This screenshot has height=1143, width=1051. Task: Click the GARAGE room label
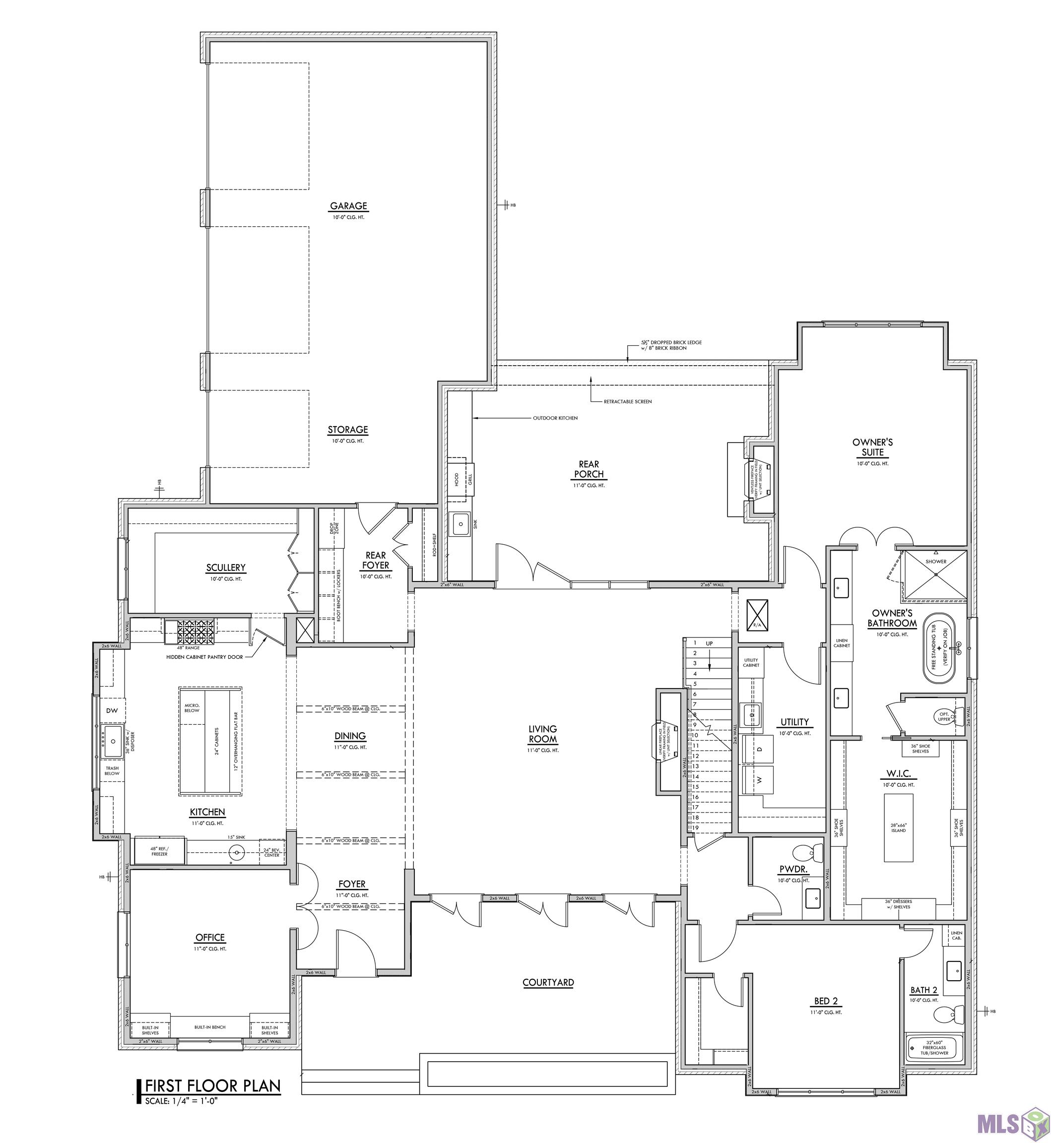tap(348, 206)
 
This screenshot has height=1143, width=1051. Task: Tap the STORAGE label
tap(347, 430)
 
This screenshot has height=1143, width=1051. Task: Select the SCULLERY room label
tap(226, 568)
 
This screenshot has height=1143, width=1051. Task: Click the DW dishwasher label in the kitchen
tap(112, 711)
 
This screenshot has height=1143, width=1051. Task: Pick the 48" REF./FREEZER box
tap(159, 851)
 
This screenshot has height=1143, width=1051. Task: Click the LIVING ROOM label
tap(542, 734)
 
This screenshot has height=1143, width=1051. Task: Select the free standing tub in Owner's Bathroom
tap(939, 648)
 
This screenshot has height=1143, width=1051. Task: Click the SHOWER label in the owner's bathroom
tap(935, 561)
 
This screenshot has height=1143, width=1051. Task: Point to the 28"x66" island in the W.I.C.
tap(899, 827)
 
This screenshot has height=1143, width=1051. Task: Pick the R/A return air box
tap(757, 615)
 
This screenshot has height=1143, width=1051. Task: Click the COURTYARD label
tap(548, 982)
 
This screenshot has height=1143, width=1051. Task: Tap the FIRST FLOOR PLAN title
tap(213, 1085)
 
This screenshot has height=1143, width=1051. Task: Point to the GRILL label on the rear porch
tap(470, 479)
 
